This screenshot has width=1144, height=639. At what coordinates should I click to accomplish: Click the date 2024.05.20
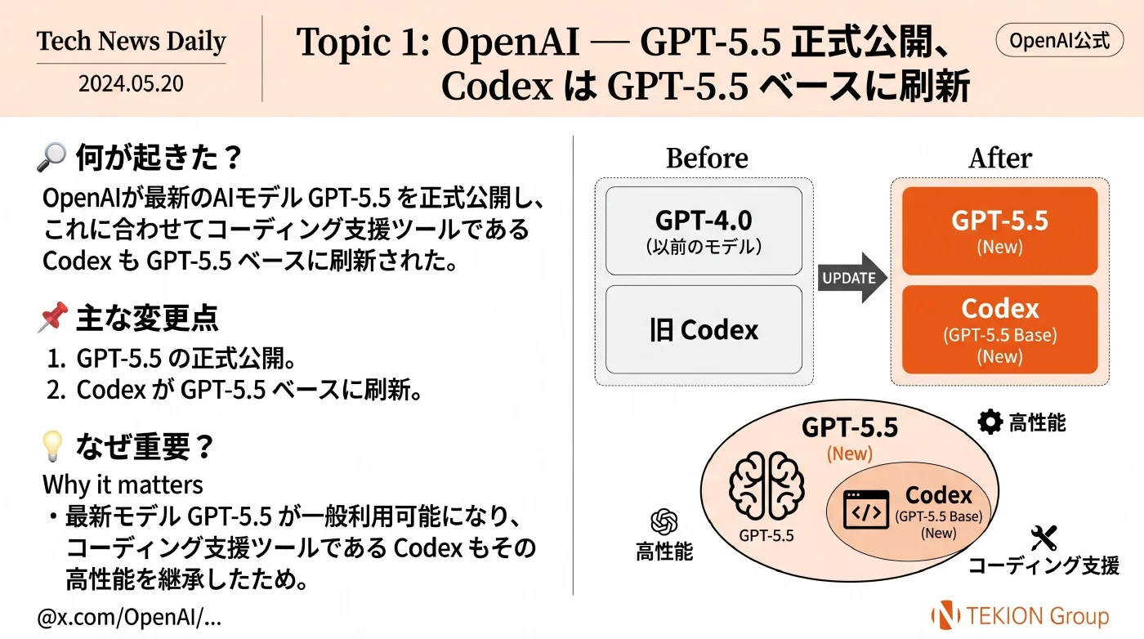(x=131, y=83)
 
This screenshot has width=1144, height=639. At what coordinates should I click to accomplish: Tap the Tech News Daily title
(x=132, y=41)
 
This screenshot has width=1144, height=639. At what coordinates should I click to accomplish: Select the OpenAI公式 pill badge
(x=1059, y=40)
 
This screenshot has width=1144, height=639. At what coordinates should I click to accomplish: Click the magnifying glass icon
(x=51, y=157)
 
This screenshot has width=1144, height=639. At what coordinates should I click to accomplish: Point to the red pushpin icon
(x=52, y=317)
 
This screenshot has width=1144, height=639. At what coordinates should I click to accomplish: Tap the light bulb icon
(x=52, y=446)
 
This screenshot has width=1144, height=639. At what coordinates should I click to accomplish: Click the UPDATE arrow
(x=851, y=277)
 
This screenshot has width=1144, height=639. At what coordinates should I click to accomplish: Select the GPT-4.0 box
(x=704, y=231)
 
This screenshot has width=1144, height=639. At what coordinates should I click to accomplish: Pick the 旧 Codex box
(x=704, y=329)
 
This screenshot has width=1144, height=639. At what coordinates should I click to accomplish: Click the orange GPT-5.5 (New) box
(x=999, y=231)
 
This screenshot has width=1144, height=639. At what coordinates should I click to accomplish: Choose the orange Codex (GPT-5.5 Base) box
(x=999, y=329)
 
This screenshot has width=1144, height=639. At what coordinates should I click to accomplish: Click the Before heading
(x=707, y=159)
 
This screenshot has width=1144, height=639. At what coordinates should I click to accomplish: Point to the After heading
(x=1000, y=159)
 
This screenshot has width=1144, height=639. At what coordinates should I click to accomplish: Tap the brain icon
(x=766, y=485)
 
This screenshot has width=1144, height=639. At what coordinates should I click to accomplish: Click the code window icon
(x=866, y=510)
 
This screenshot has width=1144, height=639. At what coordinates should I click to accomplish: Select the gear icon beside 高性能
(x=990, y=422)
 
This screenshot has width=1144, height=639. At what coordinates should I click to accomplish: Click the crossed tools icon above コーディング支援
(x=1043, y=538)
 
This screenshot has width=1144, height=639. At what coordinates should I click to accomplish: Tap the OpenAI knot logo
(x=664, y=521)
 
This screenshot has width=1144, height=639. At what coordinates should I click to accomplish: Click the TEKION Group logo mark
(x=945, y=614)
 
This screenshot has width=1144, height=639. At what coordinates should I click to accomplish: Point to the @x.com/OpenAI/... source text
(x=129, y=618)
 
